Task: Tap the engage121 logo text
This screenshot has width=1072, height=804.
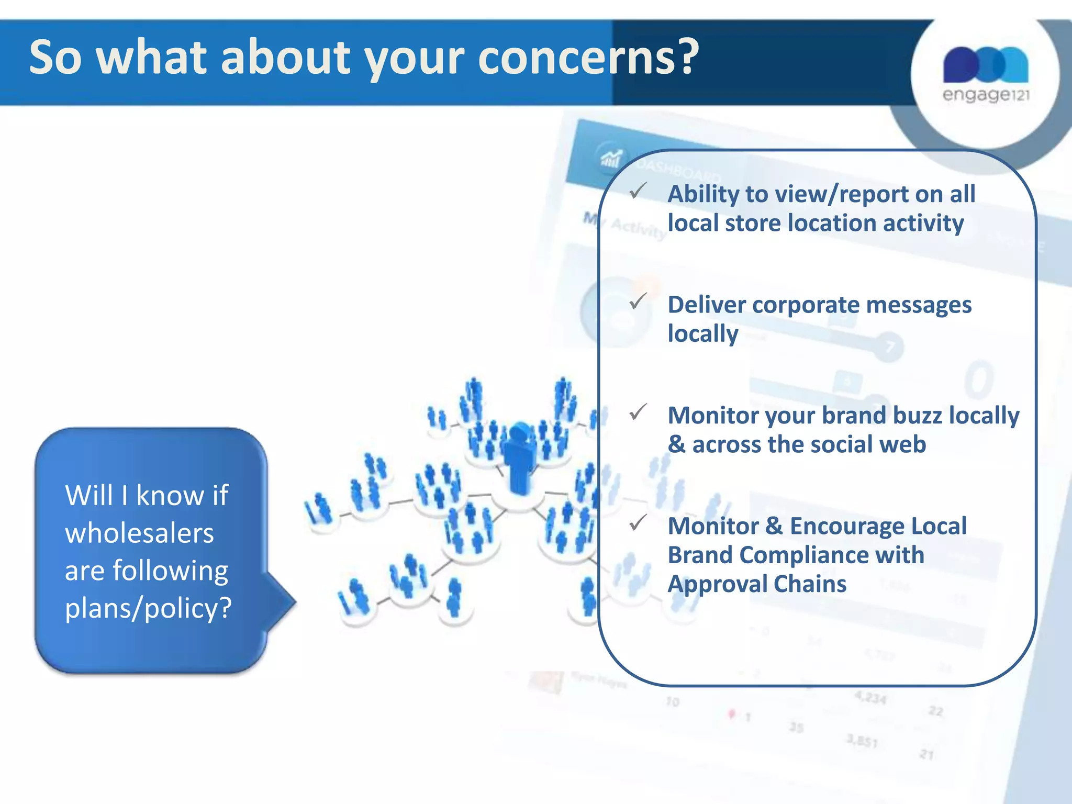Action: [986, 95]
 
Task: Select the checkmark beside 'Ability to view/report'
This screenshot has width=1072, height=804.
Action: [638, 191]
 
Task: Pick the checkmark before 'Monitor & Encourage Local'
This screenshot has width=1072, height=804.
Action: [638, 522]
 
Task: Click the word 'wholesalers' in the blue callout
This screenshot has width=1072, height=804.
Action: [139, 533]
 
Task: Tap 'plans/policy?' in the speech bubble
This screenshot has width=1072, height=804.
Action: [148, 608]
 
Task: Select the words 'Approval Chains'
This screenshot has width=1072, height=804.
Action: [757, 584]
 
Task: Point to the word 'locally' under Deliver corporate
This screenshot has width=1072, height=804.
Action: [703, 333]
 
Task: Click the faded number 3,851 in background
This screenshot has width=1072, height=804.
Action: [862, 740]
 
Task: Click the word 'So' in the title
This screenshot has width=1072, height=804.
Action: [55, 58]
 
